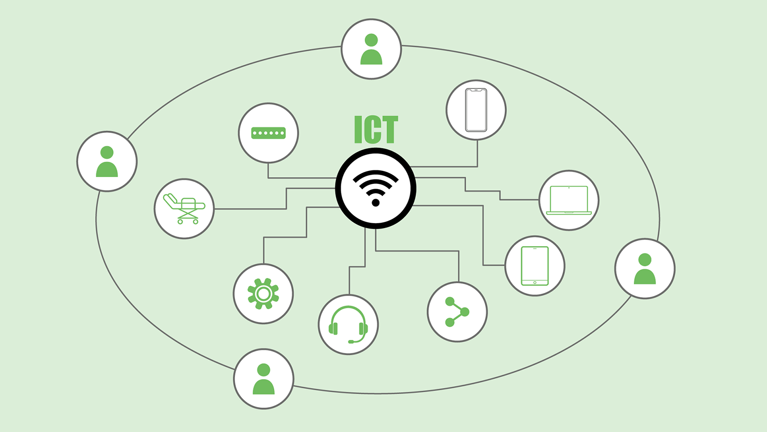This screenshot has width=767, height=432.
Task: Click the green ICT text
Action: tap(376, 129)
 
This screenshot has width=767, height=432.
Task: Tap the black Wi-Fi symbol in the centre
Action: tap(376, 188)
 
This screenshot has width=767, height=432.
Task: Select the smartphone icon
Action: tap(476, 110)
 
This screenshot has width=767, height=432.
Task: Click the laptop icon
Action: tap(569, 201)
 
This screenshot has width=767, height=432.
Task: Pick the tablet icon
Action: tap(535, 266)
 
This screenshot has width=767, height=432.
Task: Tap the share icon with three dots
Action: tap(457, 312)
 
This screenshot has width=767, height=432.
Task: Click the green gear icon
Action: tap(263, 294)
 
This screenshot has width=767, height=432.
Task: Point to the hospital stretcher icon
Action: tap(184, 208)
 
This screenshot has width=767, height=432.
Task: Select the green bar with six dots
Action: tap(268, 133)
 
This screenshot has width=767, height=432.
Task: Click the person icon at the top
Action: tap(371, 49)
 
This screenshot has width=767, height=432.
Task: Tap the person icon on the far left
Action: tap(107, 161)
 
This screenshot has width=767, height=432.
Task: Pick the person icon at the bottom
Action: tap(264, 379)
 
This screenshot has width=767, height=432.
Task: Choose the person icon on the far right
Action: tap(645, 269)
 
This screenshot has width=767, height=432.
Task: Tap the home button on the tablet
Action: tap(535, 283)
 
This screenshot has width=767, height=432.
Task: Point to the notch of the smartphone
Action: tap(476, 90)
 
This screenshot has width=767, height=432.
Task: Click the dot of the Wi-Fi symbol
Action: tap(376, 203)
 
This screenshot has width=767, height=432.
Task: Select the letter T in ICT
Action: tap(389, 129)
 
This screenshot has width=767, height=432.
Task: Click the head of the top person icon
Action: tap(371, 40)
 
